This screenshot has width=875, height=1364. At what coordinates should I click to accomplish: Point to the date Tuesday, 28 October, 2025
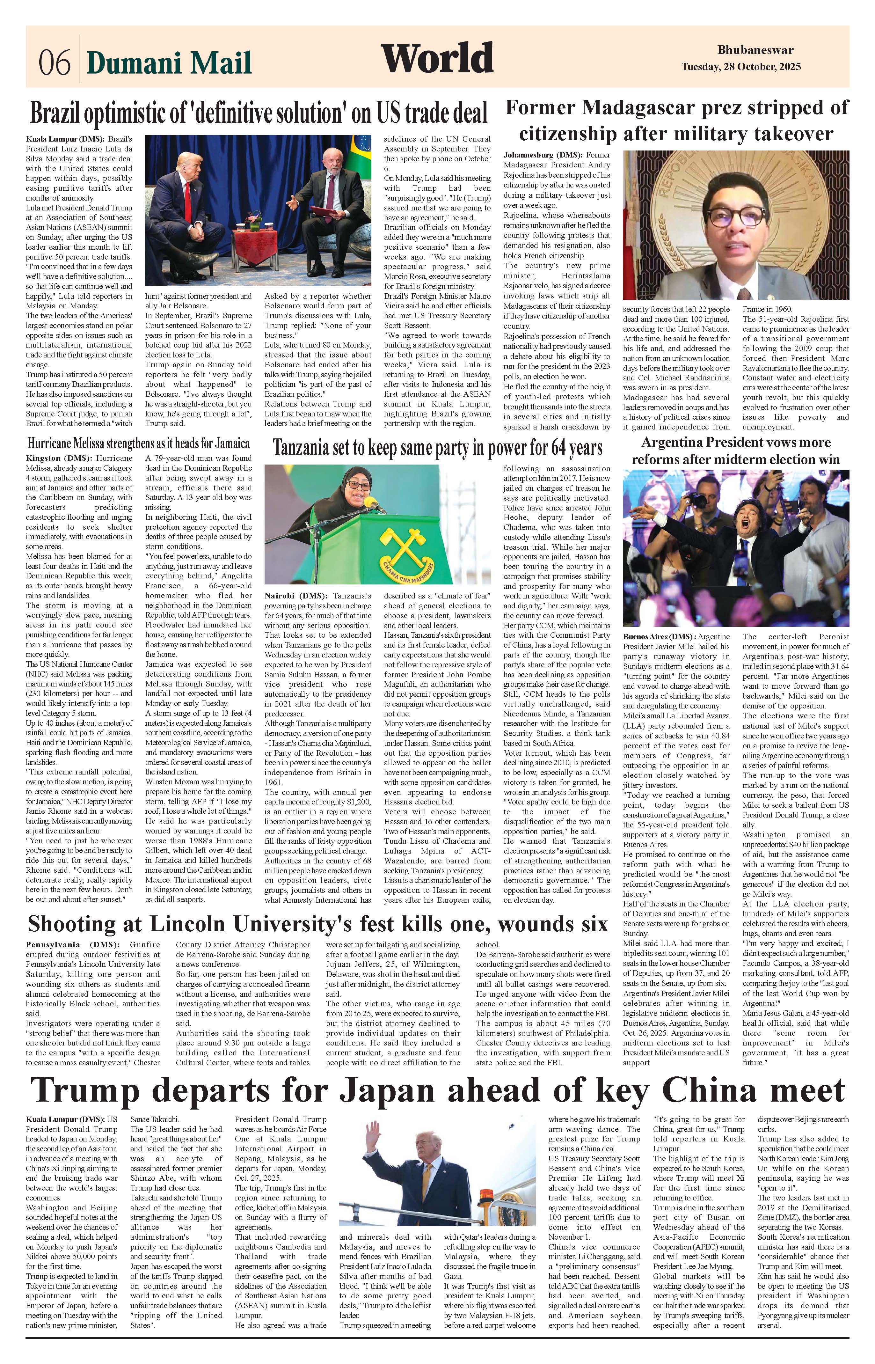click(741, 67)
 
